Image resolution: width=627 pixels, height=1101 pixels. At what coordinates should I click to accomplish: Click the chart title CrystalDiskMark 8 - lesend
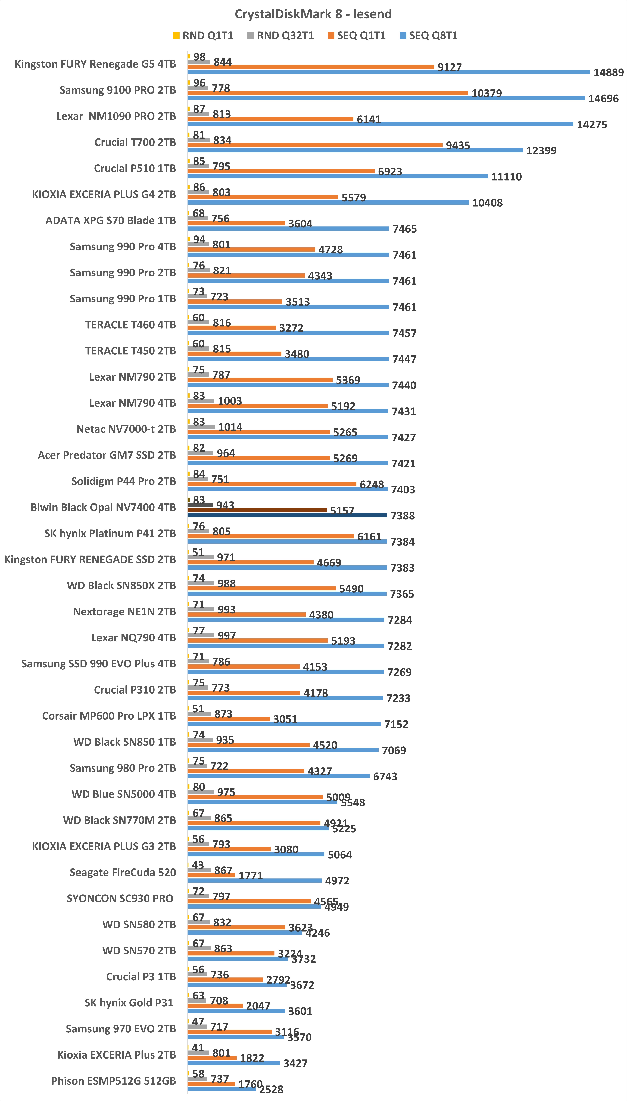pyautogui.click(x=313, y=14)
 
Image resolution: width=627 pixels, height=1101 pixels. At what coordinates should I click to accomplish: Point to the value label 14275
pyautogui.click(x=592, y=125)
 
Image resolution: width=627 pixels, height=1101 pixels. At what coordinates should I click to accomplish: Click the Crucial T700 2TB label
pyautogui.click(x=135, y=142)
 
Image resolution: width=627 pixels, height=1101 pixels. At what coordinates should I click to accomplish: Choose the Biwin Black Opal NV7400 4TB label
pyautogui.click(x=103, y=507)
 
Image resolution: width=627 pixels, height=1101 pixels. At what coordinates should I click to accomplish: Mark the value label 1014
pyautogui.click(x=230, y=427)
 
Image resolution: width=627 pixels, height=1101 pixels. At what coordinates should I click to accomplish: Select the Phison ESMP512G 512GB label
pyautogui.click(x=114, y=1081)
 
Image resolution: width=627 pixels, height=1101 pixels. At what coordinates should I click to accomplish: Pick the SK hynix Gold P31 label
pyautogui.click(x=129, y=1002)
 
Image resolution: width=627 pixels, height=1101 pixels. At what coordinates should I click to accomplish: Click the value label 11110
pyautogui.click(x=506, y=177)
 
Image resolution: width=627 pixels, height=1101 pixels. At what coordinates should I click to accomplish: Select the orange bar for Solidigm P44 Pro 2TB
pyautogui.click(x=272, y=484)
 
